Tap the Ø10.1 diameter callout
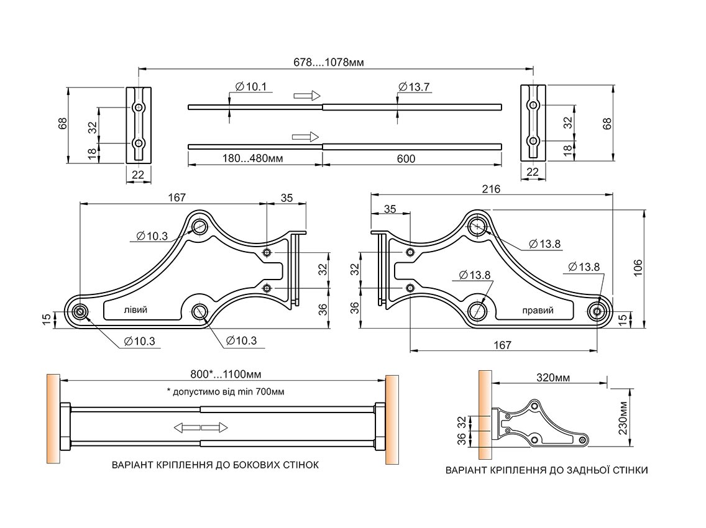250,87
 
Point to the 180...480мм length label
253,158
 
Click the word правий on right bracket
538,311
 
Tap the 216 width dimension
491,189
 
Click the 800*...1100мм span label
225,375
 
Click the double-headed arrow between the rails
201,427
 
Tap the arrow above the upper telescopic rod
306,95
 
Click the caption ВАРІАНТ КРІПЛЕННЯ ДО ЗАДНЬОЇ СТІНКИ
546,470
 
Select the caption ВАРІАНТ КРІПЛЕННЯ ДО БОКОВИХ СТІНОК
215,465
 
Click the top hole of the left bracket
200,225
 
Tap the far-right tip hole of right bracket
597,311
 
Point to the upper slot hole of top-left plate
139,108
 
